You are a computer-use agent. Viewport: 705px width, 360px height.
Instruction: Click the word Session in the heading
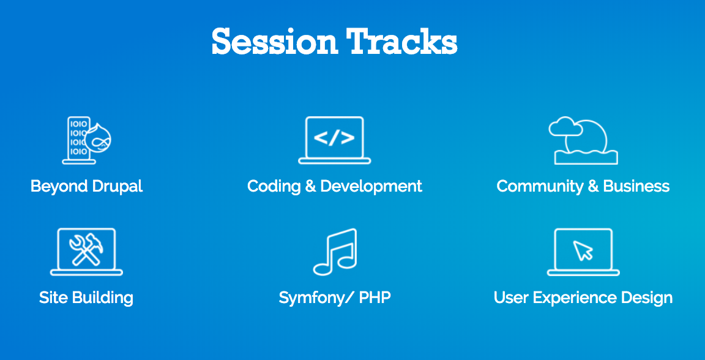click(274, 42)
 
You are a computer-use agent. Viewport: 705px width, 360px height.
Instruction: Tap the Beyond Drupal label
click(86, 186)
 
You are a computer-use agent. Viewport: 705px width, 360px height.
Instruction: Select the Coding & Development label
click(335, 186)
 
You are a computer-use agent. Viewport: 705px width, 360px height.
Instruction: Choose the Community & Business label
click(583, 186)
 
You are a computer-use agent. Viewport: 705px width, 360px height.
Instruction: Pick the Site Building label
click(86, 298)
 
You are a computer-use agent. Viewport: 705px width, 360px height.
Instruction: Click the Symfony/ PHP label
click(335, 298)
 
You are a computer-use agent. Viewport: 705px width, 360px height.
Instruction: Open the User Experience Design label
click(583, 298)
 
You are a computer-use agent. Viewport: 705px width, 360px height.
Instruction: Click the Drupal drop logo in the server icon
click(99, 138)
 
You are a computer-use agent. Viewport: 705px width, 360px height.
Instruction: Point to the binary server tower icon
click(79, 140)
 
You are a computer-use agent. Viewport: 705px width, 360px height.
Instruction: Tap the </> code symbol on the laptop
click(334, 138)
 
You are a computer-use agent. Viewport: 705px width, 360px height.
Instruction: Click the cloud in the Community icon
click(565, 127)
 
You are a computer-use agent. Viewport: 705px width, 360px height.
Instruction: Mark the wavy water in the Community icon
click(586, 157)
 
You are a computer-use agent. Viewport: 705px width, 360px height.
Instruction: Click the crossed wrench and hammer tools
click(86, 250)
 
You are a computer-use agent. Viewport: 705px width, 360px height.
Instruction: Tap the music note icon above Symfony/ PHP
click(335, 252)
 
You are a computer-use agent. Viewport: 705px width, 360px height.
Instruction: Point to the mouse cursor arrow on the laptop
click(583, 250)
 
